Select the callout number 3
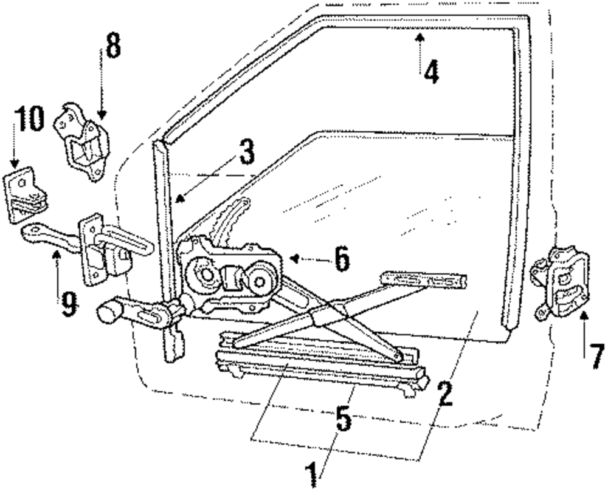tap(246, 152)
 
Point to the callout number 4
tap(430, 72)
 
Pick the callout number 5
tap(344, 419)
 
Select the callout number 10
tap(29, 120)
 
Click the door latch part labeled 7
tap(562, 282)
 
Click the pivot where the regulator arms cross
tap(326, 315)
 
